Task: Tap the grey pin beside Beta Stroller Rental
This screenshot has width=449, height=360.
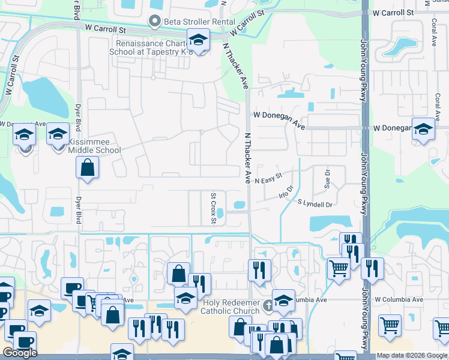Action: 155,22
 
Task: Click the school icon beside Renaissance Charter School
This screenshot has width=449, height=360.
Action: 197,40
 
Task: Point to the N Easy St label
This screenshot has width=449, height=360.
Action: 268,180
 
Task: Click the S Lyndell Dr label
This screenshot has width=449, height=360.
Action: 315,205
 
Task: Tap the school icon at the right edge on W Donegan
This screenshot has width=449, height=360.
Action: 423,130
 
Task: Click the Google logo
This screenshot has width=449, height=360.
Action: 20,353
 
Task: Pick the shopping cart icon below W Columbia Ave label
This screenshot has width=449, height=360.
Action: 390,326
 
